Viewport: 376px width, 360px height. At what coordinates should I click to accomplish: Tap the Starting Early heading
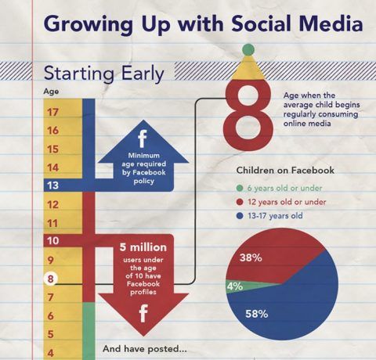pyautogui.click(x=103, y=75)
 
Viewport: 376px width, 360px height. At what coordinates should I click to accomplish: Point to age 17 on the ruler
pyautogui.click(x=53, y=112)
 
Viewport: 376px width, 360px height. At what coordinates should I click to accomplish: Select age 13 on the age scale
pyautogui.click(x=52, y=185)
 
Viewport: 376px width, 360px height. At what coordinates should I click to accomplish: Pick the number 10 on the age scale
pyautogui.click(x=52, y=240)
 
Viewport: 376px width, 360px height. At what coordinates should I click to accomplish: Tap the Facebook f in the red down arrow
pyautogui.click(x=143, y=315)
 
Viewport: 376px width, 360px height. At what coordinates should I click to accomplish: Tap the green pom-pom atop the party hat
pyautogui.click(x=248, y=49)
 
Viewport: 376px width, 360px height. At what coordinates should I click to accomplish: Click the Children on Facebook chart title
pyautogui.click(x=285, y=170)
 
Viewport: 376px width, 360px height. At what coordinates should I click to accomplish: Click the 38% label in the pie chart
pyautogui.click(x=250, y=257)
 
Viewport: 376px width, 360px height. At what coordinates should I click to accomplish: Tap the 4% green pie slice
pyautogui.click(x=234, y=286)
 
